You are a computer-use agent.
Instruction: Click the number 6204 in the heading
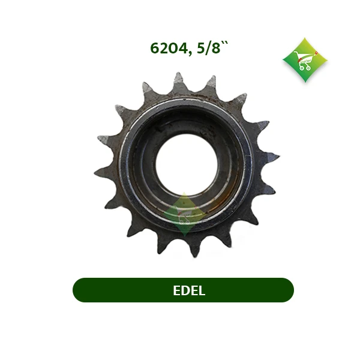[169, 48]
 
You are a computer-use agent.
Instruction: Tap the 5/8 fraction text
[208, 48]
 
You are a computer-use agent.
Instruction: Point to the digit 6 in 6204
[155, 48]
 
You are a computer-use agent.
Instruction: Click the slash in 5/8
[208, 48]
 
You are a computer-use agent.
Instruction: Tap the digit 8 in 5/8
[216, 48]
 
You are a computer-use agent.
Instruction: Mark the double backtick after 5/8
[225, 44]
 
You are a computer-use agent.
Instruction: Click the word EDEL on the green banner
[189, 290]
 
